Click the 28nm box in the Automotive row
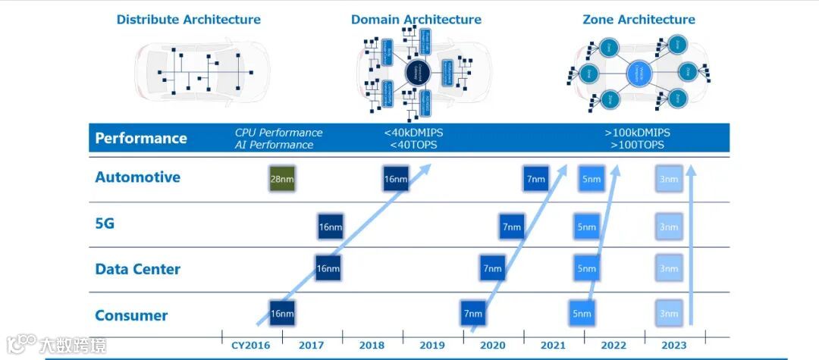pos(282,179)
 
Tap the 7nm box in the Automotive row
pos(535,179)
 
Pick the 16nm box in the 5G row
pos(330,226)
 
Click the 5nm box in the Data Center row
pos(585,268)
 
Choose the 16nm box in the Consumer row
pos(281,313)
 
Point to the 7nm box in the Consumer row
pos(473,313)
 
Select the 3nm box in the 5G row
pos(668,226)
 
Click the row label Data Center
pos(138,269)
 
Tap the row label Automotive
pos(138,177)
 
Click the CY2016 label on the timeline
pos(250,346)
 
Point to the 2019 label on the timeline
pos(432,346)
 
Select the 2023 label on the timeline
pos(674,346)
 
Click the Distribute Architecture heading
pos(188,20)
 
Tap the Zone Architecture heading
pos(639,20)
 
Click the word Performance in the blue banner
pos(141,138)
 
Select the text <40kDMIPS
pos(414,133)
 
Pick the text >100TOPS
pos(637,145)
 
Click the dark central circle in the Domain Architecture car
pos(417,73)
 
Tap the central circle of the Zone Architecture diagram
pos(639,73)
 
